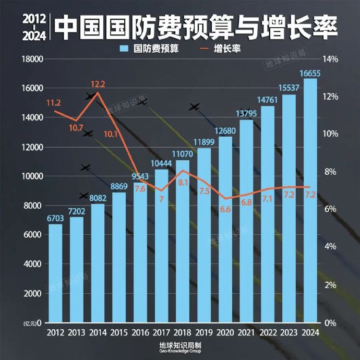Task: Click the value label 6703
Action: coord(55,218)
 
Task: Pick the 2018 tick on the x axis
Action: coord(183,332)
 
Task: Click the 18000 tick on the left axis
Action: coord(31,59)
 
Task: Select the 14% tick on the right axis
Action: coord(331,59)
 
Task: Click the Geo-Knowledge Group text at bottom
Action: coord(180,352)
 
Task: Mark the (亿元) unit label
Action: coord(30,324)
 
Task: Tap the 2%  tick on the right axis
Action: coord(331,285)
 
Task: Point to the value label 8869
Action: coord(119,186)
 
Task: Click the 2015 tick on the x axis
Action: coord(119,332)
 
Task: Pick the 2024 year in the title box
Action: coord(34,36)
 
